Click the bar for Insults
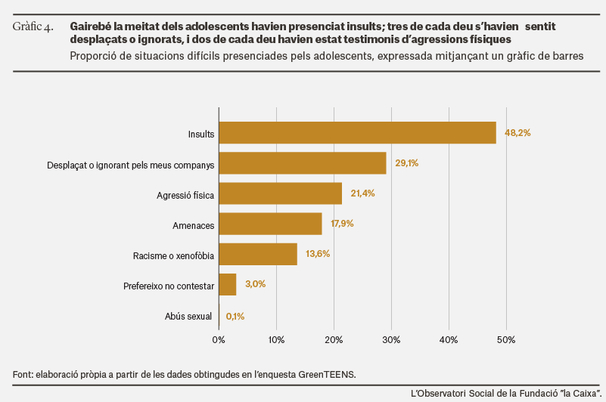click(x=358, y=133)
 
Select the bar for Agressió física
click(x=281, y=193)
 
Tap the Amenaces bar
click(x=271, y=224)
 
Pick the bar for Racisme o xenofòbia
click(x=258, y=254)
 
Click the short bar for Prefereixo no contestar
click(x=228, y=285)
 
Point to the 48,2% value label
click(x=517, y=133)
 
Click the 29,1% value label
click(x=406, y=163)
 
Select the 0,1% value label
click(x=235, y=317)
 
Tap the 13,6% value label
click(x=318, y=254)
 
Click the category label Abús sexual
click(x=188, y=317)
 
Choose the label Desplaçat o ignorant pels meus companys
click(x=131, y=165)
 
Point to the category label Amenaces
click(x=193, y=225)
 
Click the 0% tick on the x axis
click(x=219, y=340)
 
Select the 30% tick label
click(x=391, y=340)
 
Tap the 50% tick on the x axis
click(x=506, y=340)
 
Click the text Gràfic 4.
click(x=33, y=26)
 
